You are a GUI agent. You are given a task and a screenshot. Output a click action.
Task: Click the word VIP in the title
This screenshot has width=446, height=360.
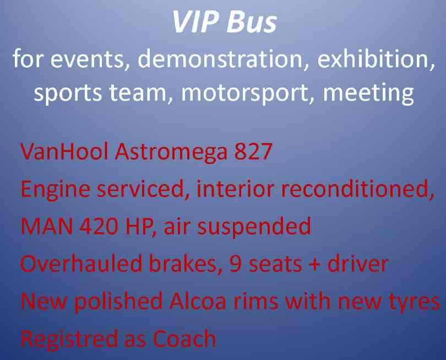195,22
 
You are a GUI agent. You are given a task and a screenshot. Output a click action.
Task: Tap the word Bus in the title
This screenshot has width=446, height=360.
252,22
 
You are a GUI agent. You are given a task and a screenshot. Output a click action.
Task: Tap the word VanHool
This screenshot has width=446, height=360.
64,151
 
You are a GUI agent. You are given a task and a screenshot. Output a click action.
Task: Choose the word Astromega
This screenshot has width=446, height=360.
171,152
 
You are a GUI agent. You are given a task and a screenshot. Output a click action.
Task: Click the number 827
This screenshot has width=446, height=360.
253,151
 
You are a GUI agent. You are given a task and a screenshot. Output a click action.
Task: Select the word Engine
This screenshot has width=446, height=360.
56,190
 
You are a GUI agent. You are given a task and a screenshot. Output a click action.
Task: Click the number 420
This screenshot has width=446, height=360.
99,227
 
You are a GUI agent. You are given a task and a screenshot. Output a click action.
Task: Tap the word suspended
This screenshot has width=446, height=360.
254,227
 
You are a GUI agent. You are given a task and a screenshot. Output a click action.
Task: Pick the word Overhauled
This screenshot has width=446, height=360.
81,264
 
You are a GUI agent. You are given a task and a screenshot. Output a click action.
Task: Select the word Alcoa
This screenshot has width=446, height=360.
198,301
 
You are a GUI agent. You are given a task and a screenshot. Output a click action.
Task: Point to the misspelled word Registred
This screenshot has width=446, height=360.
69,339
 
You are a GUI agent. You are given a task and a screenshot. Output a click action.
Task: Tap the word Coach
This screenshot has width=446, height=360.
184,339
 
